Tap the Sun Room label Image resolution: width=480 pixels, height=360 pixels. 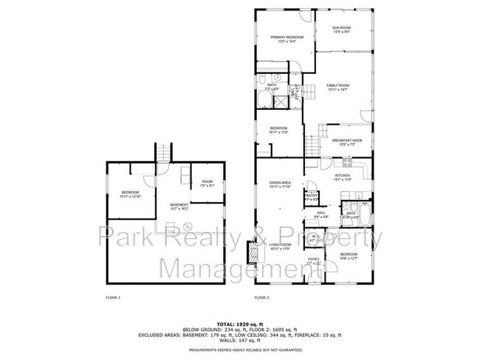click(340, 30)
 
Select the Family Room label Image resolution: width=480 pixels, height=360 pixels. click(337, 87)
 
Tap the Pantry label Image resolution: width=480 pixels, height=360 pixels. click(312, 197)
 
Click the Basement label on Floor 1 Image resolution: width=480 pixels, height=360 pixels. click(179, 206)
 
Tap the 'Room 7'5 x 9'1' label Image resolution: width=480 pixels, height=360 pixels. click(208, 184)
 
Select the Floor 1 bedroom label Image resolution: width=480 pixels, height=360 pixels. click(130, 195)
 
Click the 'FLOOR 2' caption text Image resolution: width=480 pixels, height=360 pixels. click(261, 297)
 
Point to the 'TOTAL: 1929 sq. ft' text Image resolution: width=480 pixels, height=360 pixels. click(240, 325)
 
